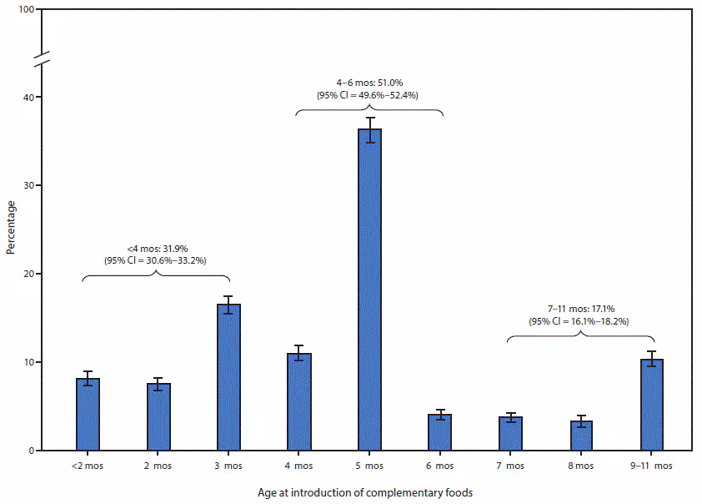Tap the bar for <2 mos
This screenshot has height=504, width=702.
pyautogui.click(x=88, y=414)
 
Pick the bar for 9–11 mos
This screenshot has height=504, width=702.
pyautogui.click(x=651, y=405)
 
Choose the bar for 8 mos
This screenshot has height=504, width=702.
pyautogui.click(x=581, y=435)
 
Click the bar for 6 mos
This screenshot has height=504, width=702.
pyautogui.click(x=440, y=432)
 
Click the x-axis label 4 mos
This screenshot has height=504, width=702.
pyautogui.click(x=299, y=466)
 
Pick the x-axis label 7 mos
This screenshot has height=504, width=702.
pyautogui.click(x=510, y=466)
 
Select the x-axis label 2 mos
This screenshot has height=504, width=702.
pyautogui.click(x=158, y=466)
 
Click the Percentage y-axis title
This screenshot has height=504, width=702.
pyautogui.click(x=11, y=227)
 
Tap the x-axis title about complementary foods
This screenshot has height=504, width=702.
pyautogui.click(x=369, y=492)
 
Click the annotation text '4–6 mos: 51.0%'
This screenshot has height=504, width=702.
pyautogui.click(x=369, y=83)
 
